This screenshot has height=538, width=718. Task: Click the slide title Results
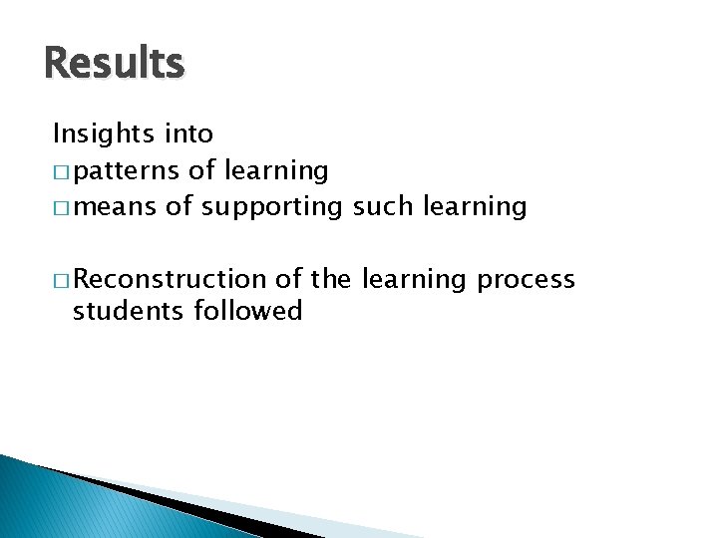[x=115, y=64]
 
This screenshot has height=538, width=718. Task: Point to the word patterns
[x=126, y=171]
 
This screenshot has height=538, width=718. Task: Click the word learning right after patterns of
[x=276, y=171]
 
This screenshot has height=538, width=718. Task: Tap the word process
[x=526, y=281]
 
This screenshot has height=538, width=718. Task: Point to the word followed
[x=253, y=311]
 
